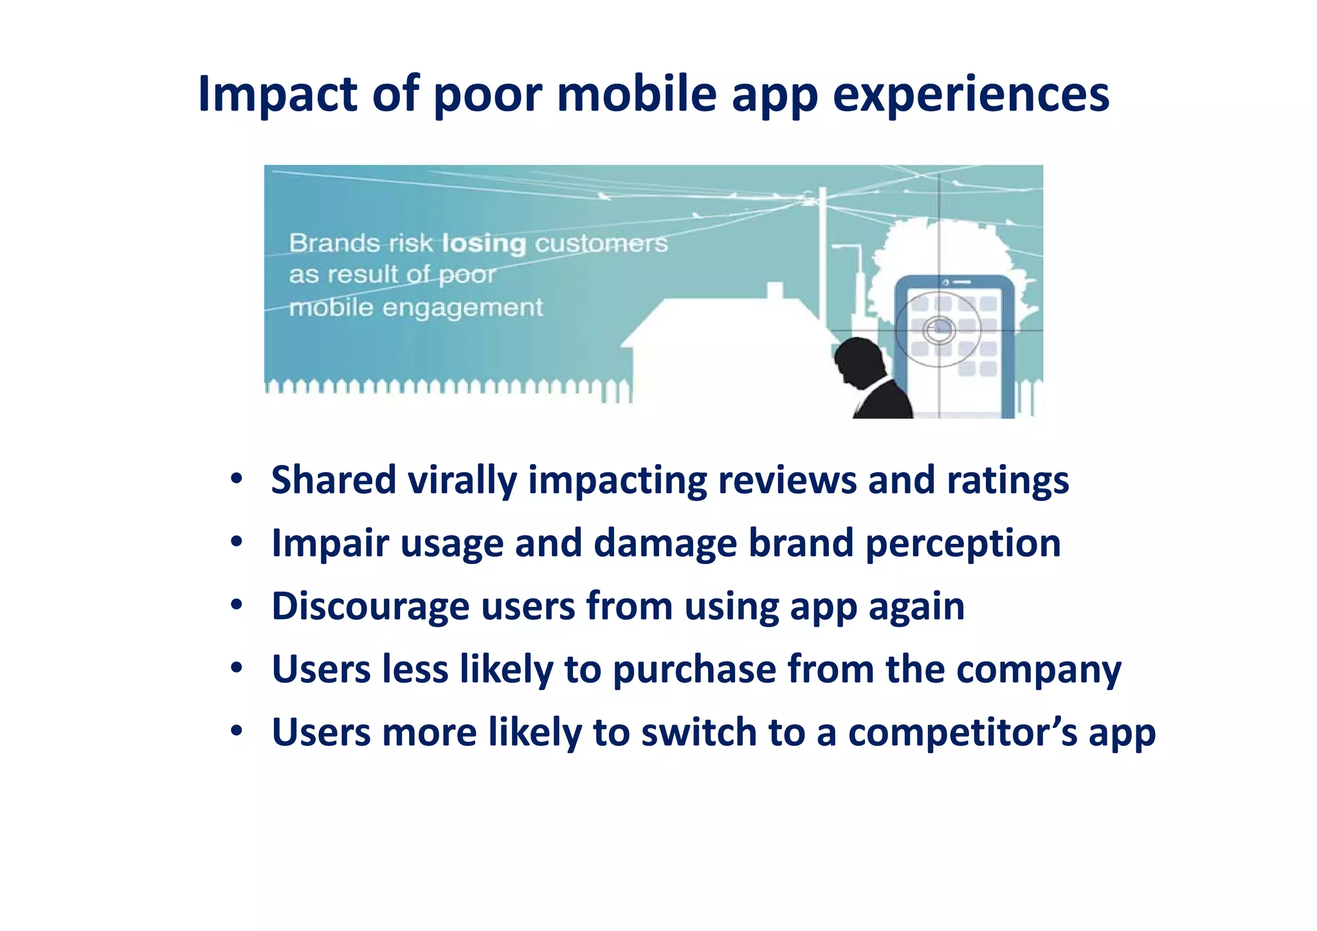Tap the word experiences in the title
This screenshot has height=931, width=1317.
[x=971, y=94]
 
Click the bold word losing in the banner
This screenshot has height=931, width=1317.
[x=484, y=244]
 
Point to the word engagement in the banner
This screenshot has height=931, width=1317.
[x=462, y=308]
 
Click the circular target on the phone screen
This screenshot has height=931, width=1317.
[x=939, y=330]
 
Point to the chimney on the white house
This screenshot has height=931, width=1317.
[x=775, y=291]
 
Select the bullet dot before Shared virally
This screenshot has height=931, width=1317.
[x=237, y=478]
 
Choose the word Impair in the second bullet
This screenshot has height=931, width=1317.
[x=330, y=543]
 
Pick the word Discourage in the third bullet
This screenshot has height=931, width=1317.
[x=370, y=606]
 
